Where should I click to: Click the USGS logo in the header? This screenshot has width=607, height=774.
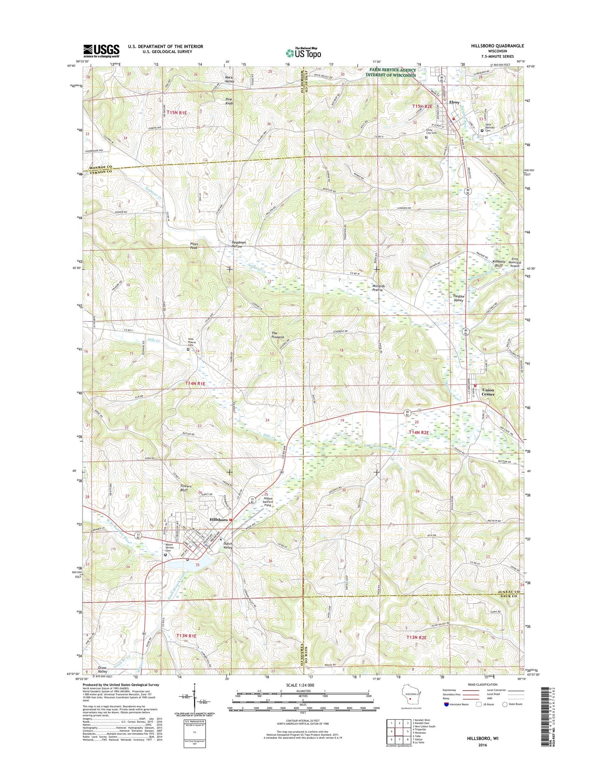(x=101, y=50)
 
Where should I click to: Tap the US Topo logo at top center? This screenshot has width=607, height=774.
(x=303, y=52)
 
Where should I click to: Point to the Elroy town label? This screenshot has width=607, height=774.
(x=454, y=102)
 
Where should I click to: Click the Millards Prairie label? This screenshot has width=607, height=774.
(x=378, y=288)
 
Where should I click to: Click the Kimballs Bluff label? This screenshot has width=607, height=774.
(x=499, y=264)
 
